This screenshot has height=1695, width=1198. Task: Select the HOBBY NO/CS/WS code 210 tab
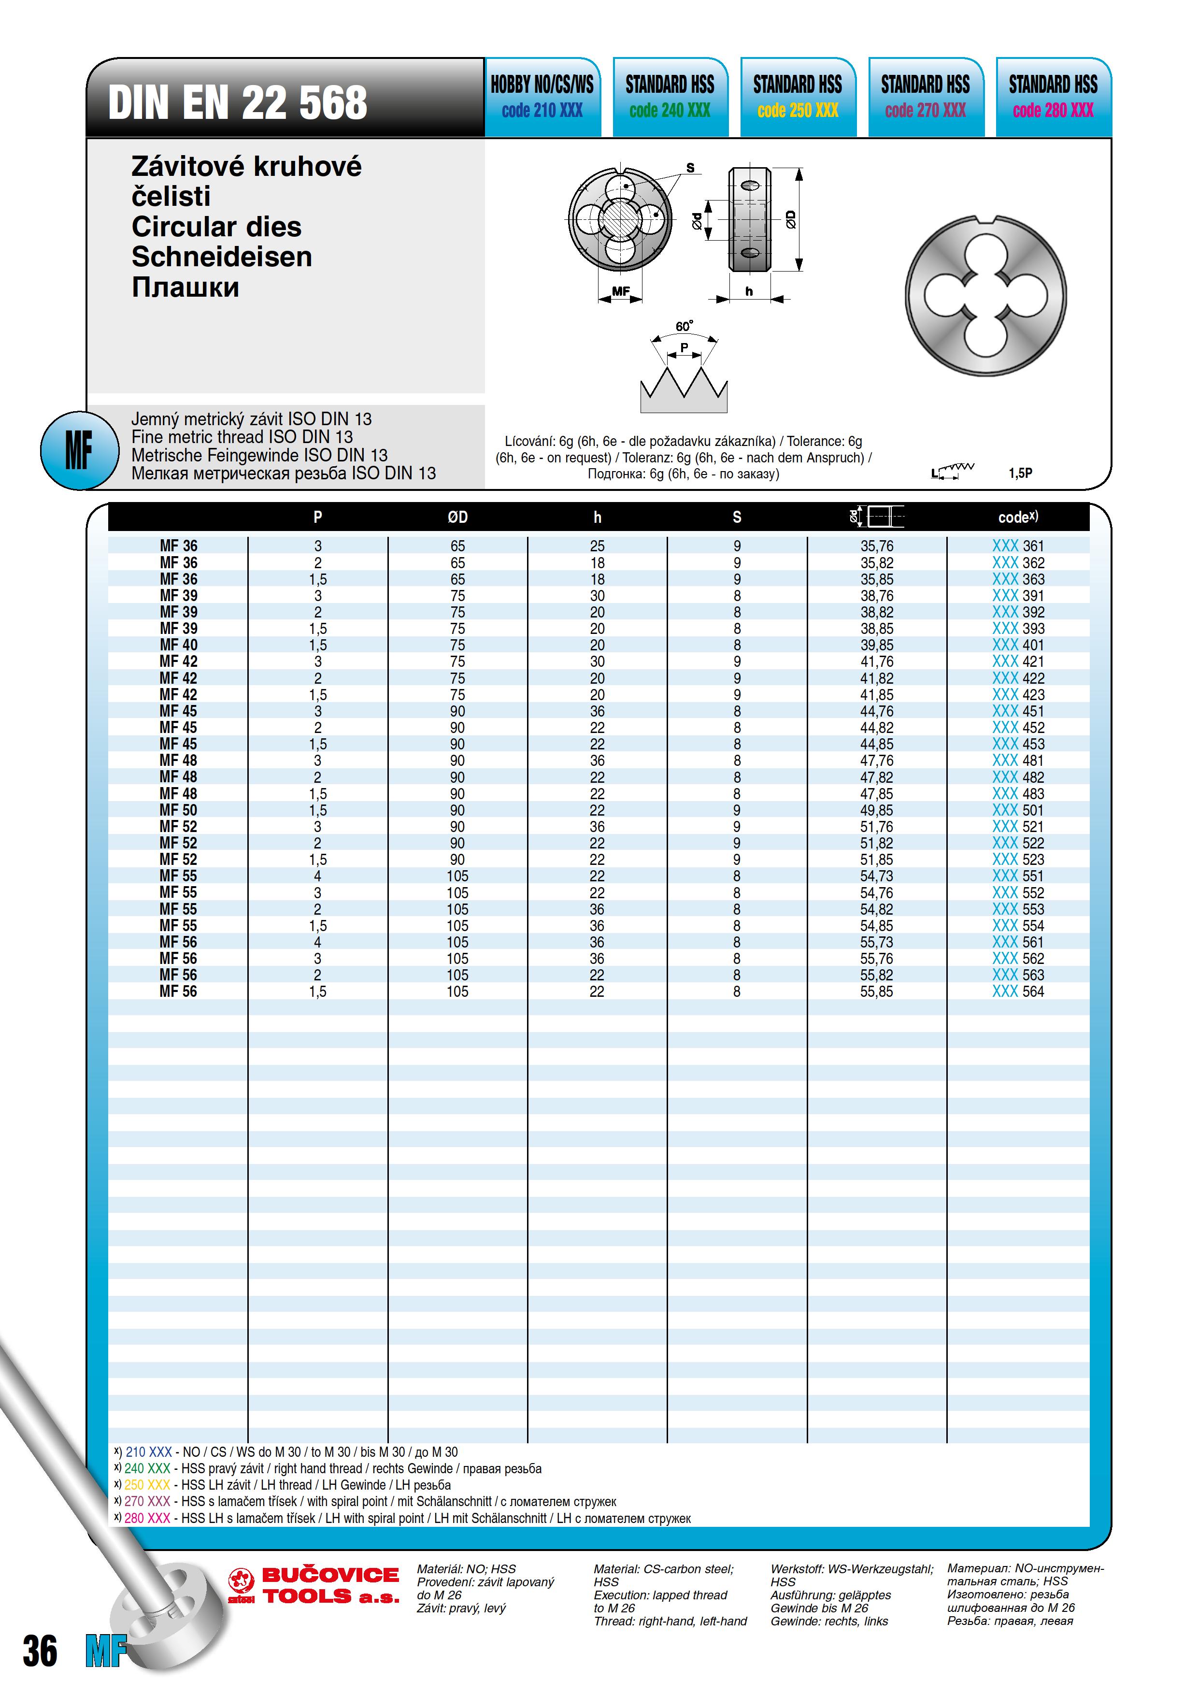(542, 97)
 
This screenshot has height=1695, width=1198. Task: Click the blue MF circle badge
(79, 449)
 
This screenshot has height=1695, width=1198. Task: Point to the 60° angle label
(684, 326)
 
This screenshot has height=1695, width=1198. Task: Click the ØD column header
(457, 517)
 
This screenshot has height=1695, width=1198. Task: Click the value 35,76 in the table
(876, 546)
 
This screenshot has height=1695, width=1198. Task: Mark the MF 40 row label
(179, 645)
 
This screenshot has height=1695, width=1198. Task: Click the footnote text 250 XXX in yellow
(147, 1485)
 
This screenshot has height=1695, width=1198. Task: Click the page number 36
(40, 1652)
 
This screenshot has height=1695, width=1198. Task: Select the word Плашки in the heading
(185, 287)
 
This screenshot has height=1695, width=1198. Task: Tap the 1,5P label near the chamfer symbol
(1020, 473)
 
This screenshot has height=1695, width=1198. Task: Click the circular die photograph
(985, 296)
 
